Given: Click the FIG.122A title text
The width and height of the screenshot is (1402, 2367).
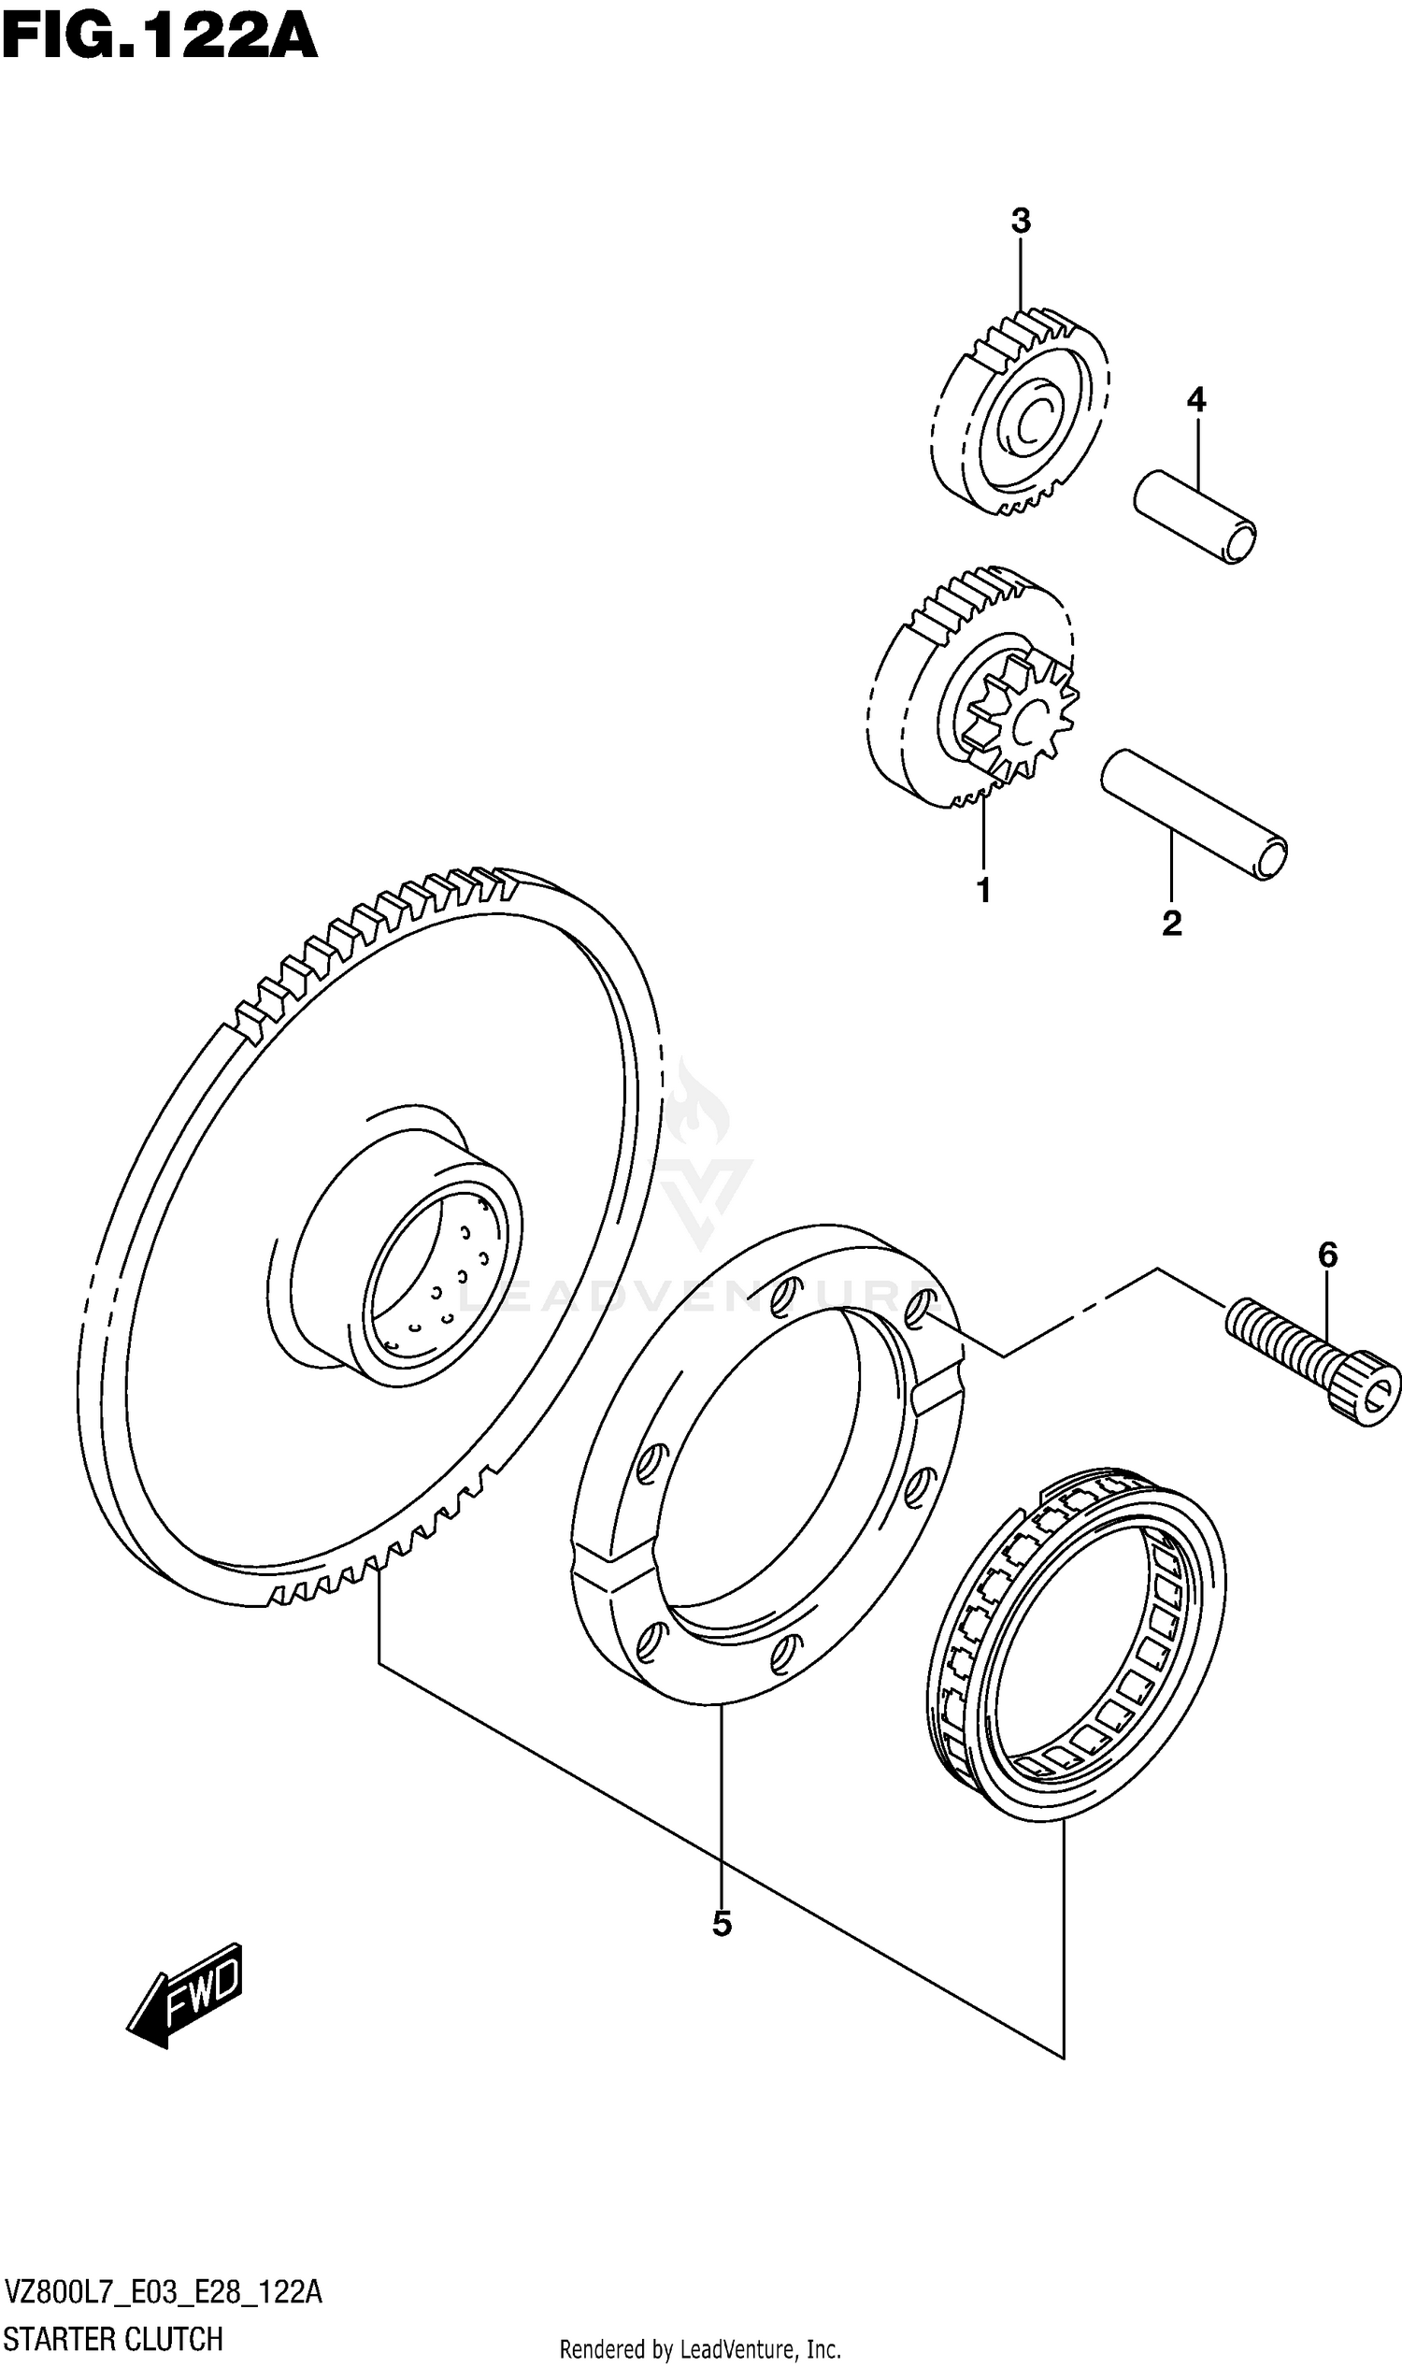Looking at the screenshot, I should pos(159,37).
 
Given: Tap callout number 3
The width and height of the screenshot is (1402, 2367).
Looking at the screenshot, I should pos(1021,222).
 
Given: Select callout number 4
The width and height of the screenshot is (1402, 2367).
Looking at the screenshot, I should pos(1196,401).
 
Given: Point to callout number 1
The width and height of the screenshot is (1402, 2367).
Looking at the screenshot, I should pos(983,890).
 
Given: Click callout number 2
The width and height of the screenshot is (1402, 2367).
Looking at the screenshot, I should pos(1171,924).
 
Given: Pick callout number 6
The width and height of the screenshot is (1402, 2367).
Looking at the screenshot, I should pos(1327,1255).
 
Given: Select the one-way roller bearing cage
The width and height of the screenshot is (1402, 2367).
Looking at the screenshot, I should pos(1077,1644).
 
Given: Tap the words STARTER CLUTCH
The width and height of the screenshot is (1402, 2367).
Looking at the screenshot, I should pos(114,2339).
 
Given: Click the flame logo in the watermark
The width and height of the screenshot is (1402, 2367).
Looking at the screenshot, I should pos(696,1111).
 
